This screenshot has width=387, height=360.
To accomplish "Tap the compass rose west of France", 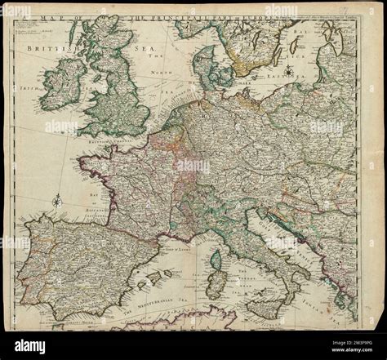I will pyautogui.click(x=55, y=198).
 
